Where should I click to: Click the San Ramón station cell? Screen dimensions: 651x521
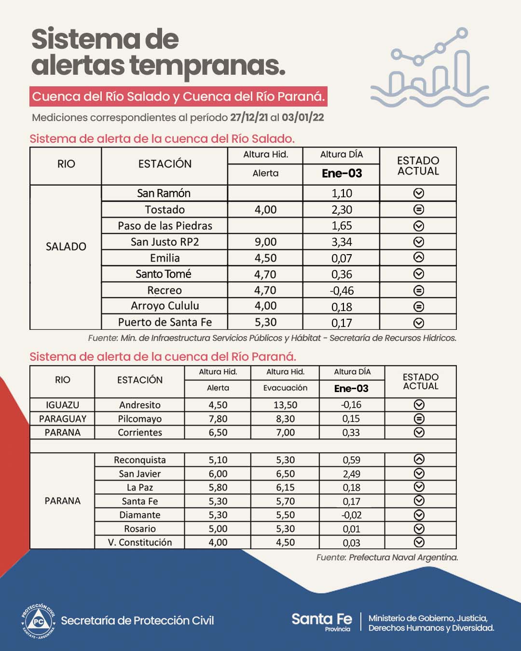(164, 193)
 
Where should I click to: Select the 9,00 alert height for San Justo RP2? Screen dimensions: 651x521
(265, 242)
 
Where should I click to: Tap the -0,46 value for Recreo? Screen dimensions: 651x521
(342, 291)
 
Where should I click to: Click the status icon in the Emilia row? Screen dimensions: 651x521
(419, 258)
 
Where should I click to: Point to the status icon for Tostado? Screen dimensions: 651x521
(419, 210)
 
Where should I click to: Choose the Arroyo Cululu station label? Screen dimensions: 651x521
(165, 306)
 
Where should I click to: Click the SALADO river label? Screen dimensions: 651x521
(66, 246)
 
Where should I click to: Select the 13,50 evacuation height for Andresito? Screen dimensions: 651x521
(285, 405)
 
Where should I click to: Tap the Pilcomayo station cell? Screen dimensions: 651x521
(139, 419)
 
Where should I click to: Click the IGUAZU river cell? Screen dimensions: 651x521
(62, 405)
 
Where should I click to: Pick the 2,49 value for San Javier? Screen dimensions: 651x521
(351, 474)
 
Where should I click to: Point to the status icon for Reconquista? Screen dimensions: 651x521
(419, 460)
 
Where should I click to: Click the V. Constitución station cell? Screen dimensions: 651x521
(139, 542)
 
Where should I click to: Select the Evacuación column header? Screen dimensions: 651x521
(285, 388)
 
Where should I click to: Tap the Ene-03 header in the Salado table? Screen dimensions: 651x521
(342, 174)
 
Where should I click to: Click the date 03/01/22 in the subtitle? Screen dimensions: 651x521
(302, 118)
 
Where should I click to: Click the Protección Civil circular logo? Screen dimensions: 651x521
(39, 621)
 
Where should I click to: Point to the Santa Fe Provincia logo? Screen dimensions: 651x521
(322, 621)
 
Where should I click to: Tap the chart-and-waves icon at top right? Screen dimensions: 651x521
(430, 68)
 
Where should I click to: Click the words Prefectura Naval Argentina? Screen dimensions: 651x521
(403, 557)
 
